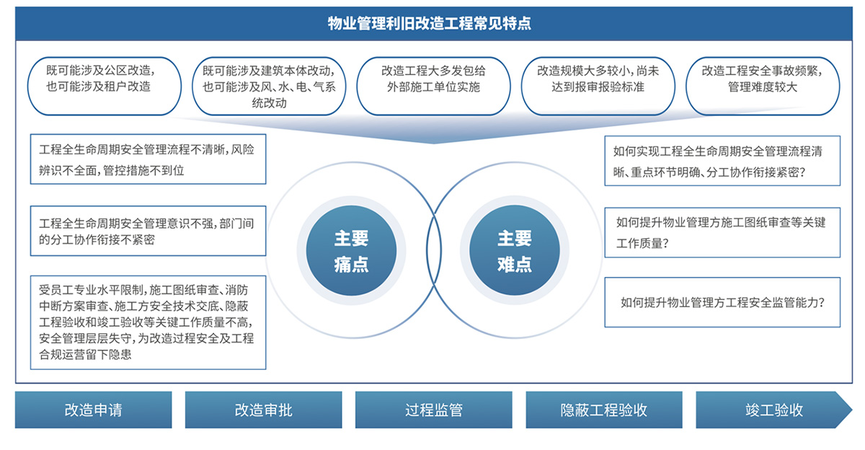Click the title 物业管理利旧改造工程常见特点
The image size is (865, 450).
[430, 23]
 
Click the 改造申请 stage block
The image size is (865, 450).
[94, 410]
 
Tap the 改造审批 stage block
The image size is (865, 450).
[263, 410]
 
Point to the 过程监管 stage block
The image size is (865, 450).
[434, 410]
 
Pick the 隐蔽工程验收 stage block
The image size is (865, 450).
[604, 410]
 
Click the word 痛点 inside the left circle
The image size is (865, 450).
[352, 265]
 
